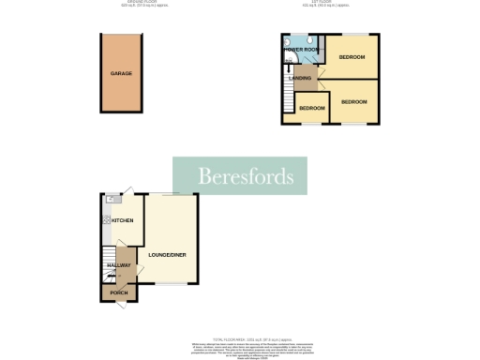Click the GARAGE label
coord(120,72)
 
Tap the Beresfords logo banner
coord(245,176)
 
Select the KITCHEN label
coord(122,220)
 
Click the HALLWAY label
coord(118,265)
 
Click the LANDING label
coord(301,78)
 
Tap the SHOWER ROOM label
coord(301,49)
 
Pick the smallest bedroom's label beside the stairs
coord(311,108)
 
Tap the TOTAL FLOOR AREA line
coord(239,338)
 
